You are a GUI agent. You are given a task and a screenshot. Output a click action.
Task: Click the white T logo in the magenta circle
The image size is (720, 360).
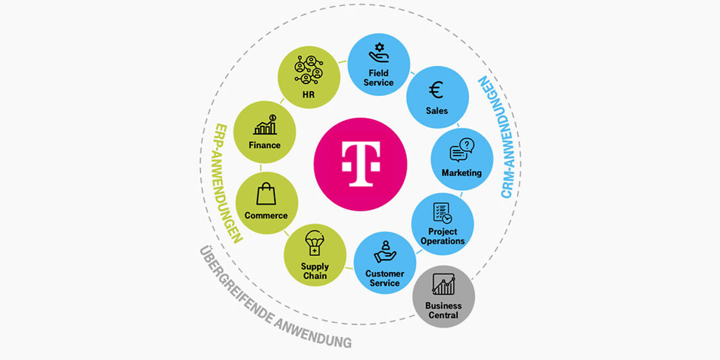(x=361, y=163)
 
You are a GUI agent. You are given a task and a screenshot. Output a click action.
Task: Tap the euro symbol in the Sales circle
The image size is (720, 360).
(x=436, y=91)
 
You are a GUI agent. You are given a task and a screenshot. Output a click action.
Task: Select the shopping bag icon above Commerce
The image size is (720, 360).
(x=266, y=194)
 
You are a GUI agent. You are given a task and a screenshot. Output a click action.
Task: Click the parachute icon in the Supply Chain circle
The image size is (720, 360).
(x=315, y=244)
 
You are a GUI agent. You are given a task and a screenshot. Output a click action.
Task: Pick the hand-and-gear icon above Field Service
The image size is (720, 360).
(x=379, y=53)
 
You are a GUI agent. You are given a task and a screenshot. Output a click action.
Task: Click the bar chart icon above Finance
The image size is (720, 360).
(x=265, y=125)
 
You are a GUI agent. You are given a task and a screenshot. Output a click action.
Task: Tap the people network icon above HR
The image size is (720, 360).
(x=308, y=70)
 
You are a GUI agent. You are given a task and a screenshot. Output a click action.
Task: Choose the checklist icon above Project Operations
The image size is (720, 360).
(x=442, y=213)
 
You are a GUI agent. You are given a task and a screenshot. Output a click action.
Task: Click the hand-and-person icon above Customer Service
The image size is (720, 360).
(x=385, y=252)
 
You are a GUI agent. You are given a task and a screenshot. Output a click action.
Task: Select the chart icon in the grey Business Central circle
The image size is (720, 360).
(x=443, y=284)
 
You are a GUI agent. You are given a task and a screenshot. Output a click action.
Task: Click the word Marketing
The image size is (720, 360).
(x=461, y=173)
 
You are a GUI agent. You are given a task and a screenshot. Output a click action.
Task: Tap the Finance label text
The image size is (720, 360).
(x=265, y=145)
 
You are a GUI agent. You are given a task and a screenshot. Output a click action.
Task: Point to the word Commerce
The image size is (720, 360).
(x=266, y=215)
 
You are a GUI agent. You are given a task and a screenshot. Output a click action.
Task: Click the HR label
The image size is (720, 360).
(x=309, y=95)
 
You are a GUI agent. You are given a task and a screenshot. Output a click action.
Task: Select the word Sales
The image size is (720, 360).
(x=437, y=111)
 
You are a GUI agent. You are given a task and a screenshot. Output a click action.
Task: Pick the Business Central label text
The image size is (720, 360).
(x=443, y=310)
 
